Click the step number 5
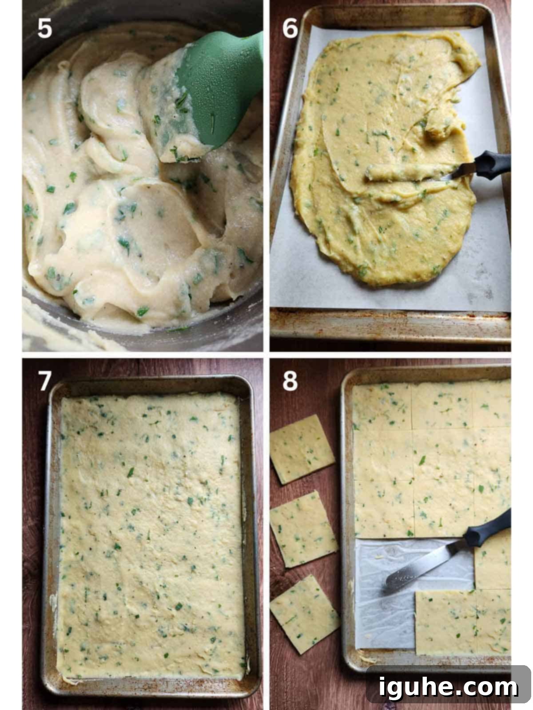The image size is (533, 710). tap(45, 28)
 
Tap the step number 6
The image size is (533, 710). tap(290, 28)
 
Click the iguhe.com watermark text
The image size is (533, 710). tap(448, 687)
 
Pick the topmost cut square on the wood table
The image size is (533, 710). tap(302, 449)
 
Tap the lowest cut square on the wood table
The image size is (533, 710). tap(304, 614)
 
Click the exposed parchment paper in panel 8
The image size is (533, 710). tap(385, 599)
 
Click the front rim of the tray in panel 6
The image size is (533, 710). tap(390, 325)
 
